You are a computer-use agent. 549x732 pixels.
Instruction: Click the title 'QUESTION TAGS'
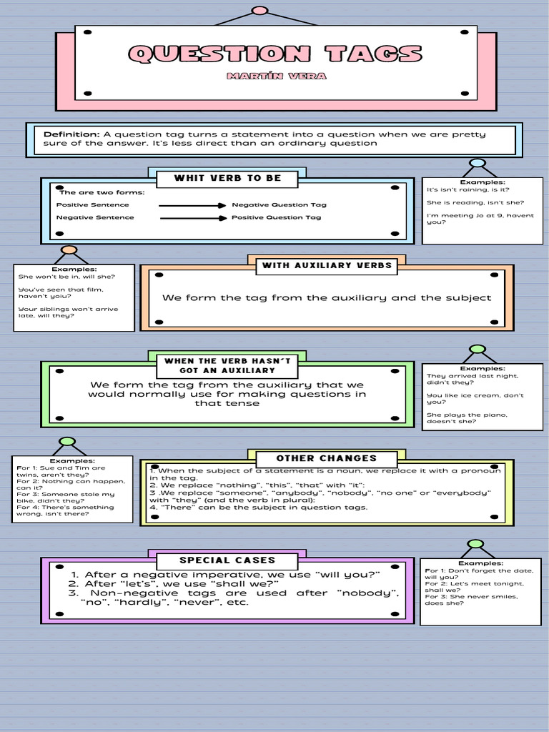[x=275, y=54]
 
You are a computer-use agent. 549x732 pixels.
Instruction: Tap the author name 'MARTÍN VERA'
[x=275, y=76]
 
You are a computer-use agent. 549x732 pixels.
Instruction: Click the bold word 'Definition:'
[x=71, y=134]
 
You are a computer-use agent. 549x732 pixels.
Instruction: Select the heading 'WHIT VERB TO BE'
[x=227, y=178]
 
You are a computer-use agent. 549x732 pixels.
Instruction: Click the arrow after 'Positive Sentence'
[x=192, y=205]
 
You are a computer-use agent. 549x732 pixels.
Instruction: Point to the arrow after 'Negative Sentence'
[x=192, y=218]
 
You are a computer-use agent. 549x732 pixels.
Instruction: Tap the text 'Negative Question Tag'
[x=279, y=205]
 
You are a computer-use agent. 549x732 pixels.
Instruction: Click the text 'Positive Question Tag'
[x=276, y=218]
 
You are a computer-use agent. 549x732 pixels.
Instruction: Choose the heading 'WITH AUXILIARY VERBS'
[x=327, y=266]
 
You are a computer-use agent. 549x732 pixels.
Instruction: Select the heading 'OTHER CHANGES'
[x=326, y=458]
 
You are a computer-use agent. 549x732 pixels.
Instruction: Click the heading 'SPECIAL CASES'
[x=227, y=560]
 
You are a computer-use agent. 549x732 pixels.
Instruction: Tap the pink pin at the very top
[x=260, y=11]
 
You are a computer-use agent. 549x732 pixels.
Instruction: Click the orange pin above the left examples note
[x=69, y=250]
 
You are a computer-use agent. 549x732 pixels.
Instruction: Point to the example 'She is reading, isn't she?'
[x=475, y=202]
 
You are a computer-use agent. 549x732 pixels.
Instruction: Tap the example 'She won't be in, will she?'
[x=66, y=277]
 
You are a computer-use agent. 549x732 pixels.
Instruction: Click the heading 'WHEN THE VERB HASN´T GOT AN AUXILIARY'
[x=227, y=366]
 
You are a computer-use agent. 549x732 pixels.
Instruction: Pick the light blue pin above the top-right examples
[x=478, y=163]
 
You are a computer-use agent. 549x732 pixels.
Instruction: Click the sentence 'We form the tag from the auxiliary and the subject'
[x=327, y=298]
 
